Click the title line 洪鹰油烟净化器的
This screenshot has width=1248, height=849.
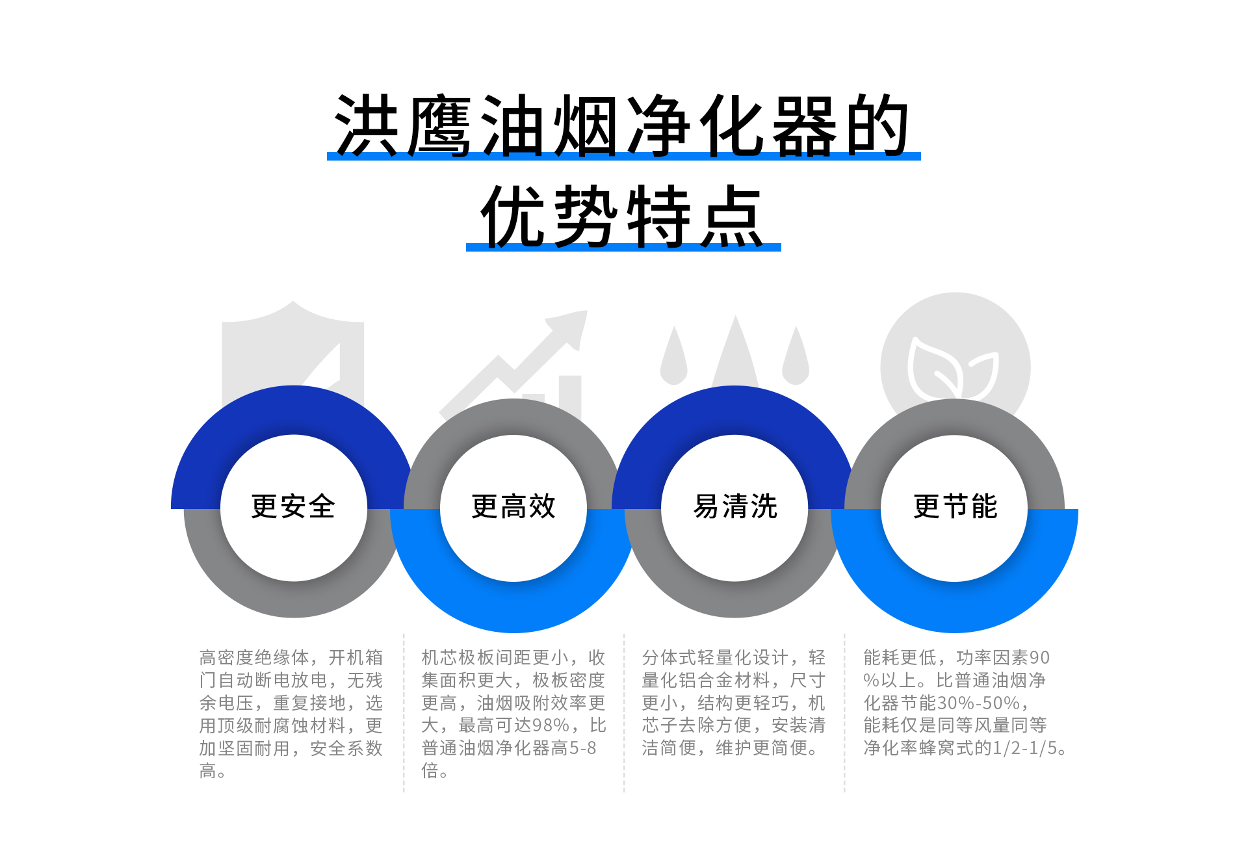622,125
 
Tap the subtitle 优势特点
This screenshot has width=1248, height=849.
622,216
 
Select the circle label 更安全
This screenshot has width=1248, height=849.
293,506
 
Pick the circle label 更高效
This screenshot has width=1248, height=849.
513,506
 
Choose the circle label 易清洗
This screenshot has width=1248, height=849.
735,506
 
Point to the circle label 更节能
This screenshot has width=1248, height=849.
955,506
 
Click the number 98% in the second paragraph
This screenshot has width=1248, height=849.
551,725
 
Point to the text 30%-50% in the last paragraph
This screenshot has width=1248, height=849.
979,703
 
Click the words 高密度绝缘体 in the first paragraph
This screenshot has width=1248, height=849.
254,658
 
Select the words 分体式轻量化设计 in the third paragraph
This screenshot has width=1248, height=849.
716,658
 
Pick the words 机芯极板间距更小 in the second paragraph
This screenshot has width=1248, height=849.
495,658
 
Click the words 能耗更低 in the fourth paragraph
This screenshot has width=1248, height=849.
900,658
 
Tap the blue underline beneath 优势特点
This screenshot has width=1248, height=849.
623,247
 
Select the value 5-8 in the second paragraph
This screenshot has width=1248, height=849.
583,748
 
